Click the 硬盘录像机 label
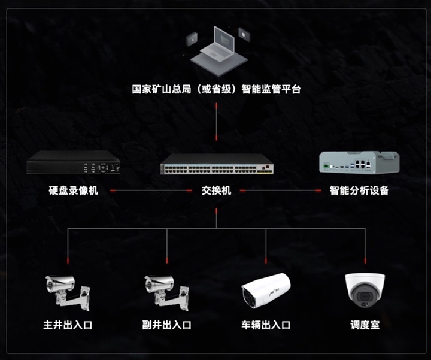pyautogui.click(x=74, y=191)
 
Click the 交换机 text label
pyautogui.click(x=216, y=191)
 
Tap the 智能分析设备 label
pyautogui.click(x=359, y=191)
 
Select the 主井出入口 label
pyautogui.click(x=68, y=325)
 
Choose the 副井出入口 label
pyautogui.click(x=167, y=325)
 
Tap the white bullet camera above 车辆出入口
pyautogui.click(x=265, y=289)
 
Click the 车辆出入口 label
pyautogui.click(x=266, y=325)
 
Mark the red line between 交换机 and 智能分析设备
pyautogui.click(x=281, y=192)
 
